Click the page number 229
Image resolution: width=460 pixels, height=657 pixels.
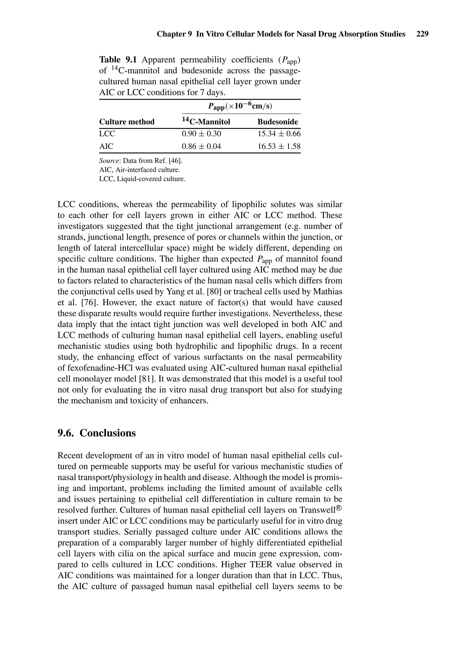click(422, 34)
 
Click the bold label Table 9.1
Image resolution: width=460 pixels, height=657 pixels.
click(118, 60)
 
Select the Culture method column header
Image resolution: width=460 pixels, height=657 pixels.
click(127, 122)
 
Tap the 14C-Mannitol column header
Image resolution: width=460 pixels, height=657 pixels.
click(206, 121)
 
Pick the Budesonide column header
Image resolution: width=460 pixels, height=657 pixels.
click(278, 122)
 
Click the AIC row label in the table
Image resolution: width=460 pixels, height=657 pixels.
click(106, 147)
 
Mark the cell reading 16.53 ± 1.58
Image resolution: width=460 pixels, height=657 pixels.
click(279, 147)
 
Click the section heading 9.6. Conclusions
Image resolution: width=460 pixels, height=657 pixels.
click(97, 433)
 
